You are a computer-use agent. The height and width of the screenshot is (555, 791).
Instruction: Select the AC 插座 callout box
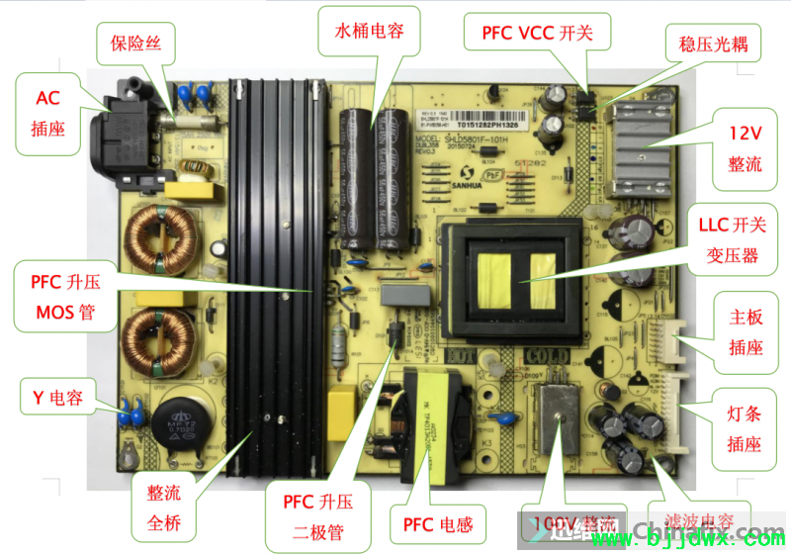click(47, 113)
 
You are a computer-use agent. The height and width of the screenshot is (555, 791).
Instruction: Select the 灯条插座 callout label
click(745, 428)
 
